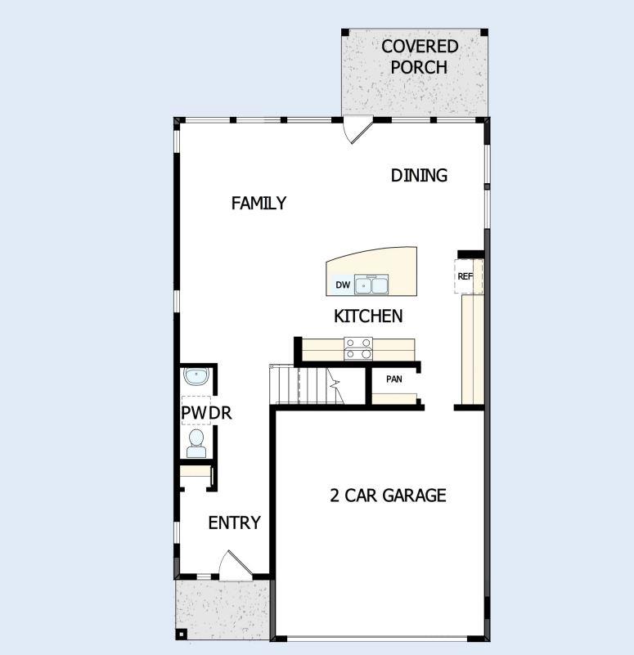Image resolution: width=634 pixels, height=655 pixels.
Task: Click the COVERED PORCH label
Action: click(419, 56)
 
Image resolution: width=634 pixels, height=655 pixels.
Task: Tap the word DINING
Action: click(419, 175)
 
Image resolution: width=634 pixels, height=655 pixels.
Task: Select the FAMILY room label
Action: click(259, 203)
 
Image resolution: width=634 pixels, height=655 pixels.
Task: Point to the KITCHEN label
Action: click(368, 316)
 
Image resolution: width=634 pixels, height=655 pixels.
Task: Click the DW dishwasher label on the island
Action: click(343, 285)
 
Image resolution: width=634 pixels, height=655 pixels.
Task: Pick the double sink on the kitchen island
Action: click(371, 285)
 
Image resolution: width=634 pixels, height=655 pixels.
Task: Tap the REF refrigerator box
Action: click(466, 276)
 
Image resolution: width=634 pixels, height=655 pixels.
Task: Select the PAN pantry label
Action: click(394, 379)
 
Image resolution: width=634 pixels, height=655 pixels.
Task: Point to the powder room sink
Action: click(196, 377)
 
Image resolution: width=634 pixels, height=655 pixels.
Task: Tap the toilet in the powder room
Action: click(196, 444)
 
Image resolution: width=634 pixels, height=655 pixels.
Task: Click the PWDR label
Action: click(206, 414)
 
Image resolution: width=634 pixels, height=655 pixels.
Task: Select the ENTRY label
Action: click(234, 523)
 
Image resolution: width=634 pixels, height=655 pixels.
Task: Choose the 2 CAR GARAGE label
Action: click(388, 495)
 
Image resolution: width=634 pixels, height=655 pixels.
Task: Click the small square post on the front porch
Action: click(182, 633)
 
